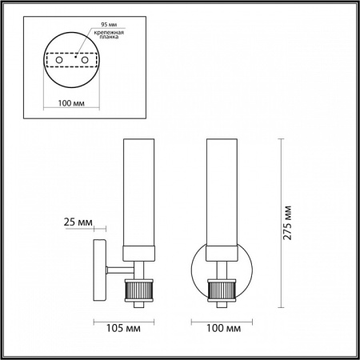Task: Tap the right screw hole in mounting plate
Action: coord(82,61)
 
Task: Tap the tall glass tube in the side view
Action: coord(134,192)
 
